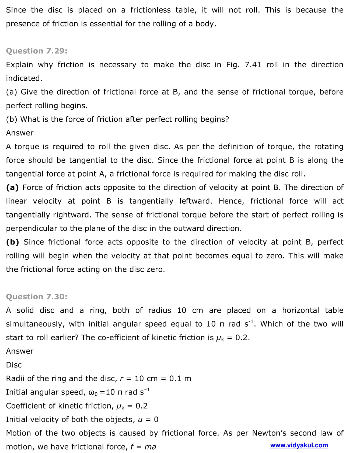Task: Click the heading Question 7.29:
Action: tap(37, 51)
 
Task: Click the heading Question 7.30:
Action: tap(37, 297)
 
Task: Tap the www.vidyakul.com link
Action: tap(299, 445)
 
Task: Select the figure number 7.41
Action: tap(253, 65)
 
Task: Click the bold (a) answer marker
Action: tap(12, 188)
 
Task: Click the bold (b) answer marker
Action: tap(12, 242)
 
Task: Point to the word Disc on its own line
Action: tap(14, 365)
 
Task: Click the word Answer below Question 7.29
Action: tap(20, 133)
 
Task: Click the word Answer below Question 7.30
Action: tap(20, 351)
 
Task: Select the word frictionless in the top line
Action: tap(150, 10)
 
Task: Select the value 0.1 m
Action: tap(180, 379)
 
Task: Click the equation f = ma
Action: tap(143, 447)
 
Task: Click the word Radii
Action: tap(15, 379)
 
